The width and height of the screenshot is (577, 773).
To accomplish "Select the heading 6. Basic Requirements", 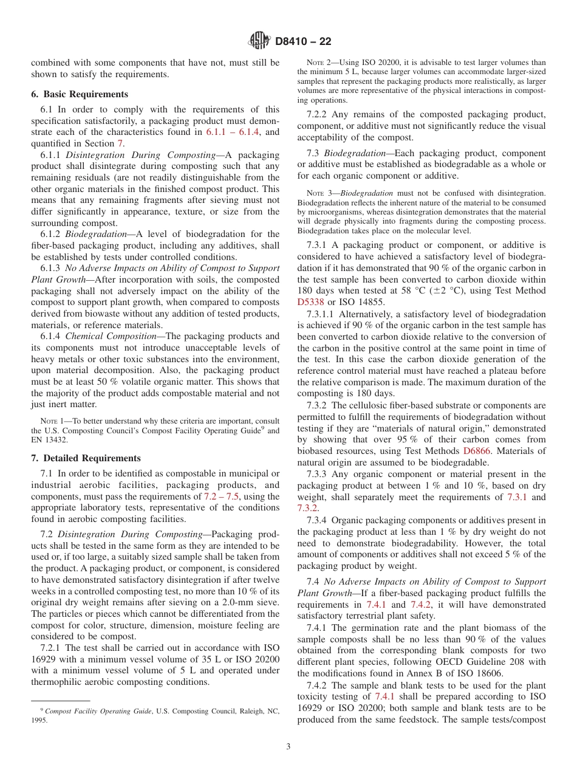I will pyautogui.click(x=80, y=94).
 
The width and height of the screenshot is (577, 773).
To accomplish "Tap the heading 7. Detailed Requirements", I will pyautogui.click(x=86, y=458).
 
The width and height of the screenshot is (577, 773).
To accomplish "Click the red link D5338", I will pyautogui.click(x=312, y=302).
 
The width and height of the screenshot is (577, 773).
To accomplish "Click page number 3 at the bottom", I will pyautogui.click(x=288, y=747).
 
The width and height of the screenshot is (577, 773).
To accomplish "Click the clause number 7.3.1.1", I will pyautogui.click(x=321, y=314).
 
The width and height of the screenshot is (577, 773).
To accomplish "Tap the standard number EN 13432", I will pyautogui.click(x=52, y=439).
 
